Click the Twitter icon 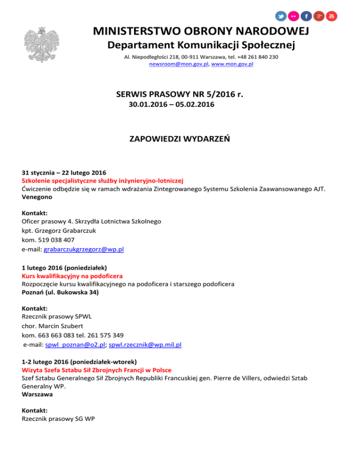tap(281, 16)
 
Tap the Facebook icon tap(307, 16)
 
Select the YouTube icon tap(332, 16)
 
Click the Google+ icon tap(319, 16)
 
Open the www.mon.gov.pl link tap(232, 64)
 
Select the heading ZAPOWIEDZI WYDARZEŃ tap(180, 139)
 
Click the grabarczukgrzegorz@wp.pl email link tap(83, 249)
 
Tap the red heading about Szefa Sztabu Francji tap(97, 370)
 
